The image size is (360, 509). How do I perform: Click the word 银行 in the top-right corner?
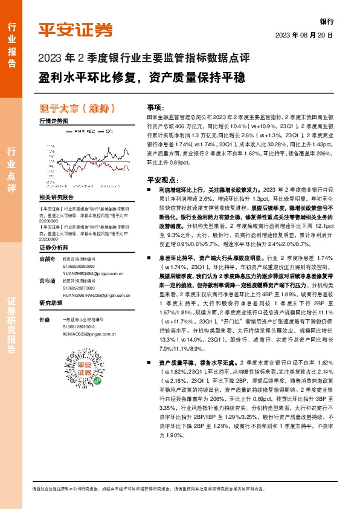tap(326, 21)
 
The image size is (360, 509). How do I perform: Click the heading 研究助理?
tap(51, 303)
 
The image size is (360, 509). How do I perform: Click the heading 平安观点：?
tap(162, 180)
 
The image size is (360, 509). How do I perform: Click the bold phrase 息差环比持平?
tap(173, 258)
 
